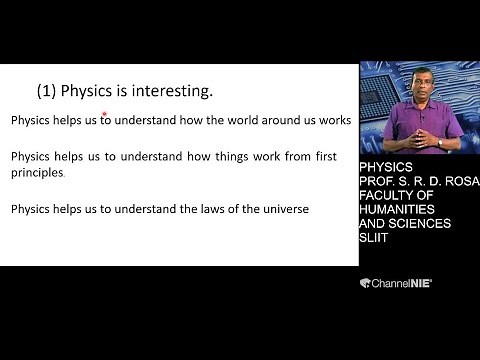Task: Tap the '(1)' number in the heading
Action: coord(46,92)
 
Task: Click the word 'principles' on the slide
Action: coord(37,173)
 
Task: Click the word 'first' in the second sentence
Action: coord(312,157)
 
